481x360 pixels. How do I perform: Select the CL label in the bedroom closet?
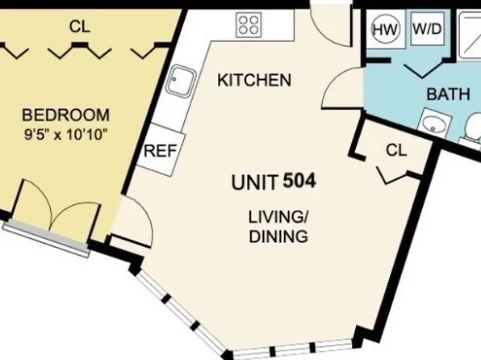[x=79, y=27]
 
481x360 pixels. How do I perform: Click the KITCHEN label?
[x=254, y=81]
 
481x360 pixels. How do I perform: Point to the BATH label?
[x=448, y=94]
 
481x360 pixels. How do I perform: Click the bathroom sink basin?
[x=434, y=125]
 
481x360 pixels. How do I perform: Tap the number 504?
[x=299, y=181]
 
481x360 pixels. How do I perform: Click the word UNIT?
[x=255, y=182]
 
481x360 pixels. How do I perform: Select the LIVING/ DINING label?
[x=278, y=227]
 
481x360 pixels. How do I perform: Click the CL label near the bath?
[x=395, y=149]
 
